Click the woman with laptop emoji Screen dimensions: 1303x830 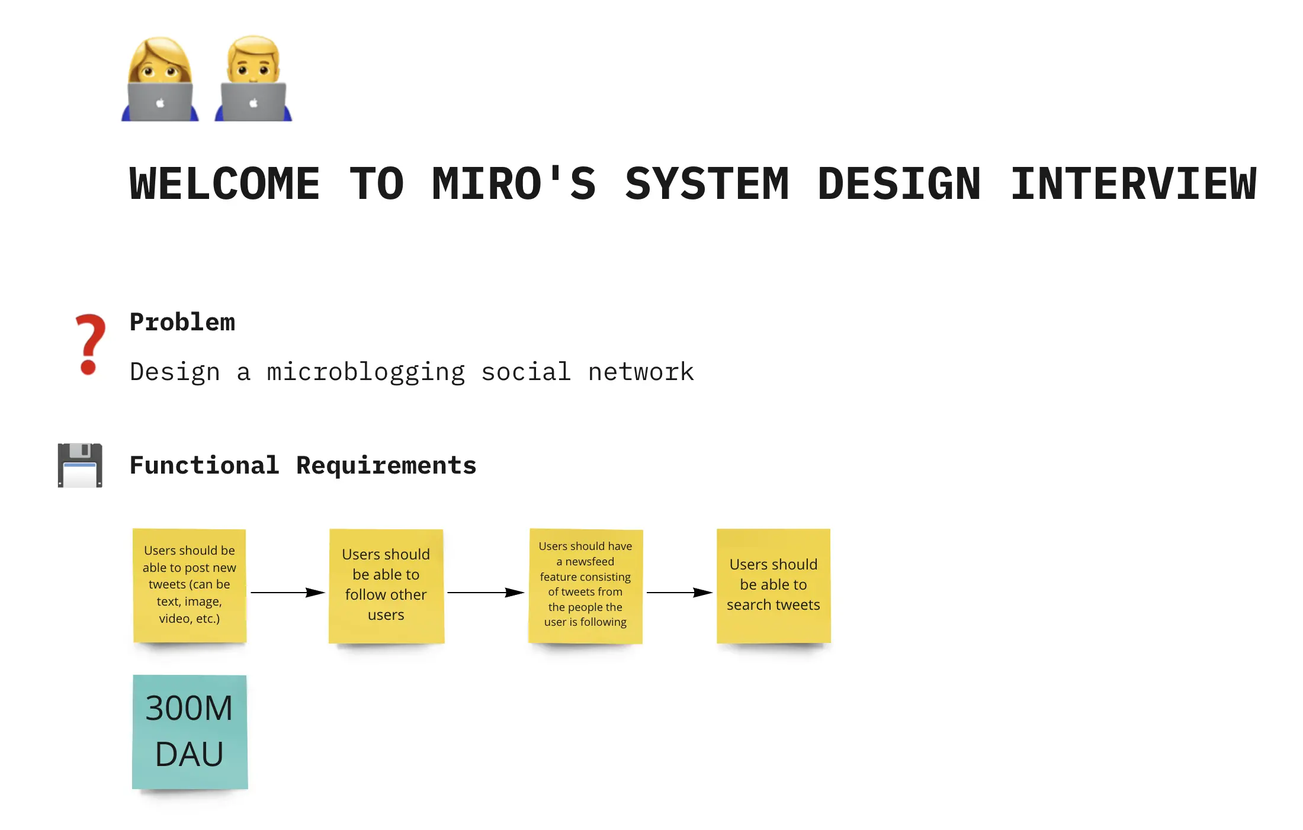160,79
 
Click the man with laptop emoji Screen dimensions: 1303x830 253,79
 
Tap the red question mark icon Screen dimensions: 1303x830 91,344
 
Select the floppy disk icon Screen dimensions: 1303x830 80,465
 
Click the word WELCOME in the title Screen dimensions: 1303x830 225,184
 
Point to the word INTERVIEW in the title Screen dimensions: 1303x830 1134,184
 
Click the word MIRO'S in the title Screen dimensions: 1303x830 514,184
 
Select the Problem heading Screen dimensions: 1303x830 182,322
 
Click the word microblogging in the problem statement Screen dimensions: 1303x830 366,372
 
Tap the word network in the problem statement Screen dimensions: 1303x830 641,372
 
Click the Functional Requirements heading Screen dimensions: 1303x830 303,465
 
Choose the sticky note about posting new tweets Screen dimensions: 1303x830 190,585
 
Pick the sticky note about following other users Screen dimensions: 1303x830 386,585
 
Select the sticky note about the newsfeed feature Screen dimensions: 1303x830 585,585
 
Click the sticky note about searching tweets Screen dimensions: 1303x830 774,585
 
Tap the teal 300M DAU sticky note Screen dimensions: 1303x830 190,732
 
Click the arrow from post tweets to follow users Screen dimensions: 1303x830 288,593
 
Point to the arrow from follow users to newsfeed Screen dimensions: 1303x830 486,593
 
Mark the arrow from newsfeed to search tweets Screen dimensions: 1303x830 679,593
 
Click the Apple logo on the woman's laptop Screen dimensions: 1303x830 160,103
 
